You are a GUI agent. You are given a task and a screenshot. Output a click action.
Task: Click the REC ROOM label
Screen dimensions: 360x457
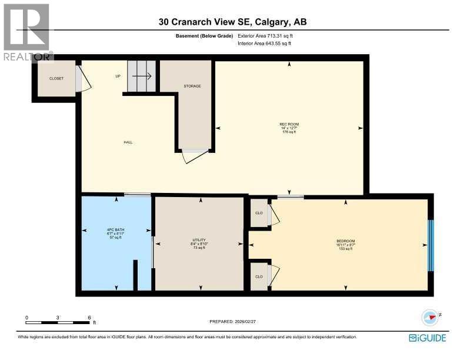(x=289, y=124)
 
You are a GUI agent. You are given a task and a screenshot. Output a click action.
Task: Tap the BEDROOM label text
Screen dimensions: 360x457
(x=345, y=241)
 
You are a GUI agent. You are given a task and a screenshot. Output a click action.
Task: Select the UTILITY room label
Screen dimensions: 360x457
(x=199, y=241)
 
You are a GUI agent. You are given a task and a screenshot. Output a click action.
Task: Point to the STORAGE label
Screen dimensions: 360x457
(x=192, y=86)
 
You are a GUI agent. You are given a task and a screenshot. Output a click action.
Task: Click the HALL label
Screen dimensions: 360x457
(x=128, y=142)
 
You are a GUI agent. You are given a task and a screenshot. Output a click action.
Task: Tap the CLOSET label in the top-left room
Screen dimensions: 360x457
(x=56, y=78)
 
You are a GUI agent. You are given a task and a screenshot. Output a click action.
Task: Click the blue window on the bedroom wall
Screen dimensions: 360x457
(x=431, y=245)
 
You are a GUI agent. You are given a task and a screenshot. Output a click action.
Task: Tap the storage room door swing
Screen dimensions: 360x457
(x=195, y=155)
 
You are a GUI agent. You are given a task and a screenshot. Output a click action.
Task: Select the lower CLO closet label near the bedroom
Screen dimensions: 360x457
(x=258, y=276)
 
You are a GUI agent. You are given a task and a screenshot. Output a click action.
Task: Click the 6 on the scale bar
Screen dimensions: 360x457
(x=89, y=317)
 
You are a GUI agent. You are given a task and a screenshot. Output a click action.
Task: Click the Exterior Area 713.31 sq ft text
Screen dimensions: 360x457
(x=265, y=36)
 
